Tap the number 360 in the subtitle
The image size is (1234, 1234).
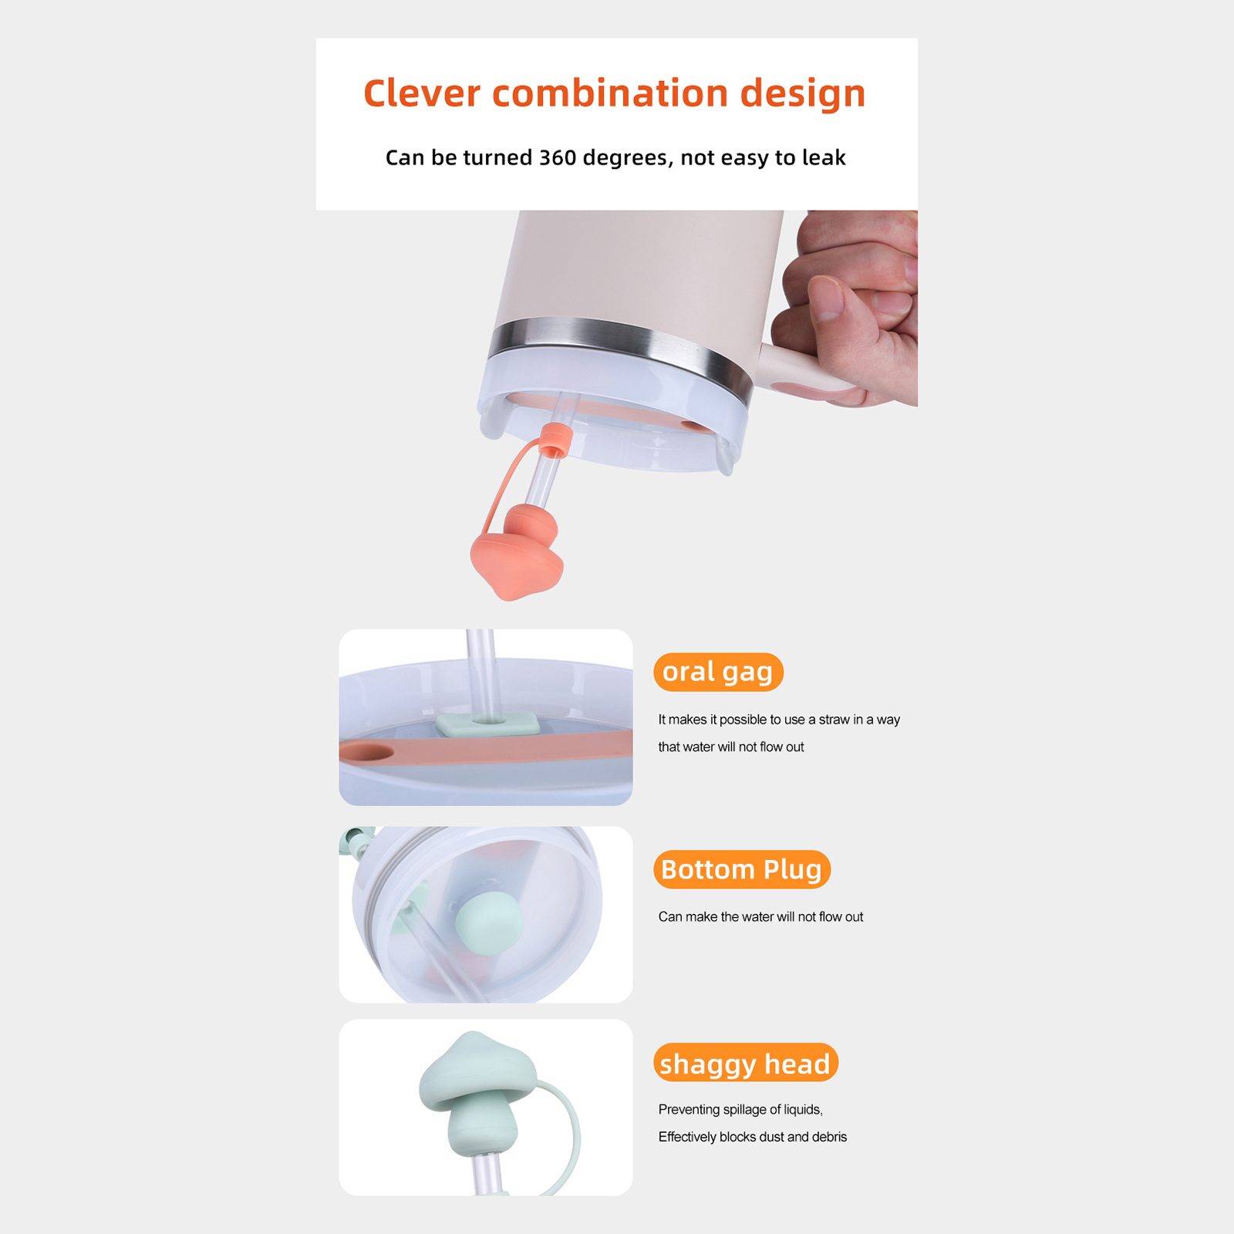click(x=558, y=157)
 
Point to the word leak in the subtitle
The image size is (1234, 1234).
click(x=824, y=157)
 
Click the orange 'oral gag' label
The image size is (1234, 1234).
click(x=718, y=672)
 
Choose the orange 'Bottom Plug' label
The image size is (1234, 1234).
click(x=742, y=869)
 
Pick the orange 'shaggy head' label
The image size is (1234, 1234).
click(x=745, y=1063)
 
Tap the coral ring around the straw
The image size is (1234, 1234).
click(x=555, y=440)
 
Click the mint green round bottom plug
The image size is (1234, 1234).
click(x=489, y=922)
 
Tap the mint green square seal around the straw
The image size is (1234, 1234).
click(x=487, y=724)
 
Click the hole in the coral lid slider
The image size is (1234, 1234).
click(x=366, y=752)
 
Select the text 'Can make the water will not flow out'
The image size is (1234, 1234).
click(x=760, y=917)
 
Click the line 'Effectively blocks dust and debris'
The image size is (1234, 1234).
click(x=753, y=1137)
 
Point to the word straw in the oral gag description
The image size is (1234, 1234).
click(x=834, y=720)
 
